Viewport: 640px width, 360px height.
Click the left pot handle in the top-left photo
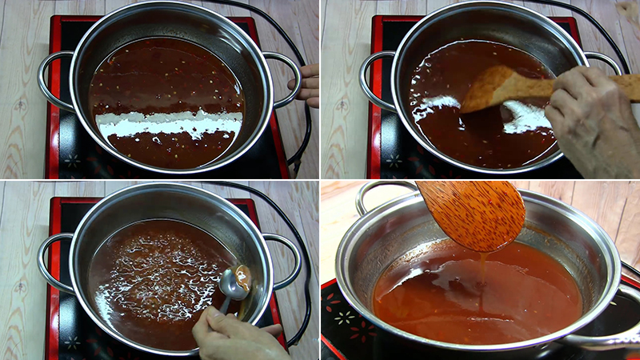click(x=50, y=80)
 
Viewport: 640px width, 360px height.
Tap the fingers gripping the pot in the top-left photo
click(x=309, y=84)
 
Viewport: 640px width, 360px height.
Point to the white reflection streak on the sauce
click(x=168, y=124)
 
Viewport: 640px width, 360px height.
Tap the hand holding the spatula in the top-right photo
click(x=592, y=120)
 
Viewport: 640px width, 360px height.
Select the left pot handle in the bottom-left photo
click(x=50, y=260)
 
